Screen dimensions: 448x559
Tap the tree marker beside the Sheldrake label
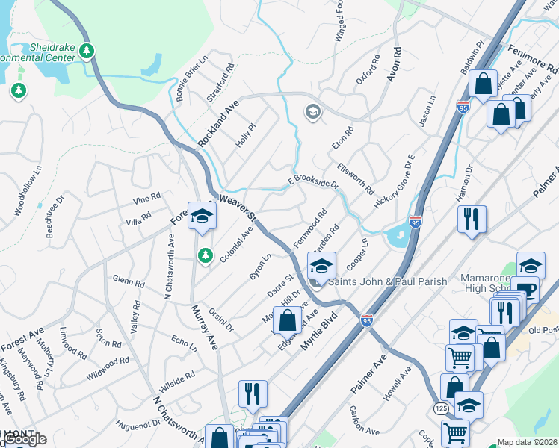coord(88,51)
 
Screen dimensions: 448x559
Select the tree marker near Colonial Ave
coord(205,256)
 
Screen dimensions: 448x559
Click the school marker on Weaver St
coord(201,217)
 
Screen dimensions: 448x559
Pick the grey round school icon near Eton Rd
coord(312,113)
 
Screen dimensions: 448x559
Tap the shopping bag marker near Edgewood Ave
coord(287,322)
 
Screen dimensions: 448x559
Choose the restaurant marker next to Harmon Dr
coord(472,220)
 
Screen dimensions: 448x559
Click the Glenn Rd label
coord(128,281)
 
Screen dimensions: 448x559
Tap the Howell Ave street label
coord(398,384)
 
